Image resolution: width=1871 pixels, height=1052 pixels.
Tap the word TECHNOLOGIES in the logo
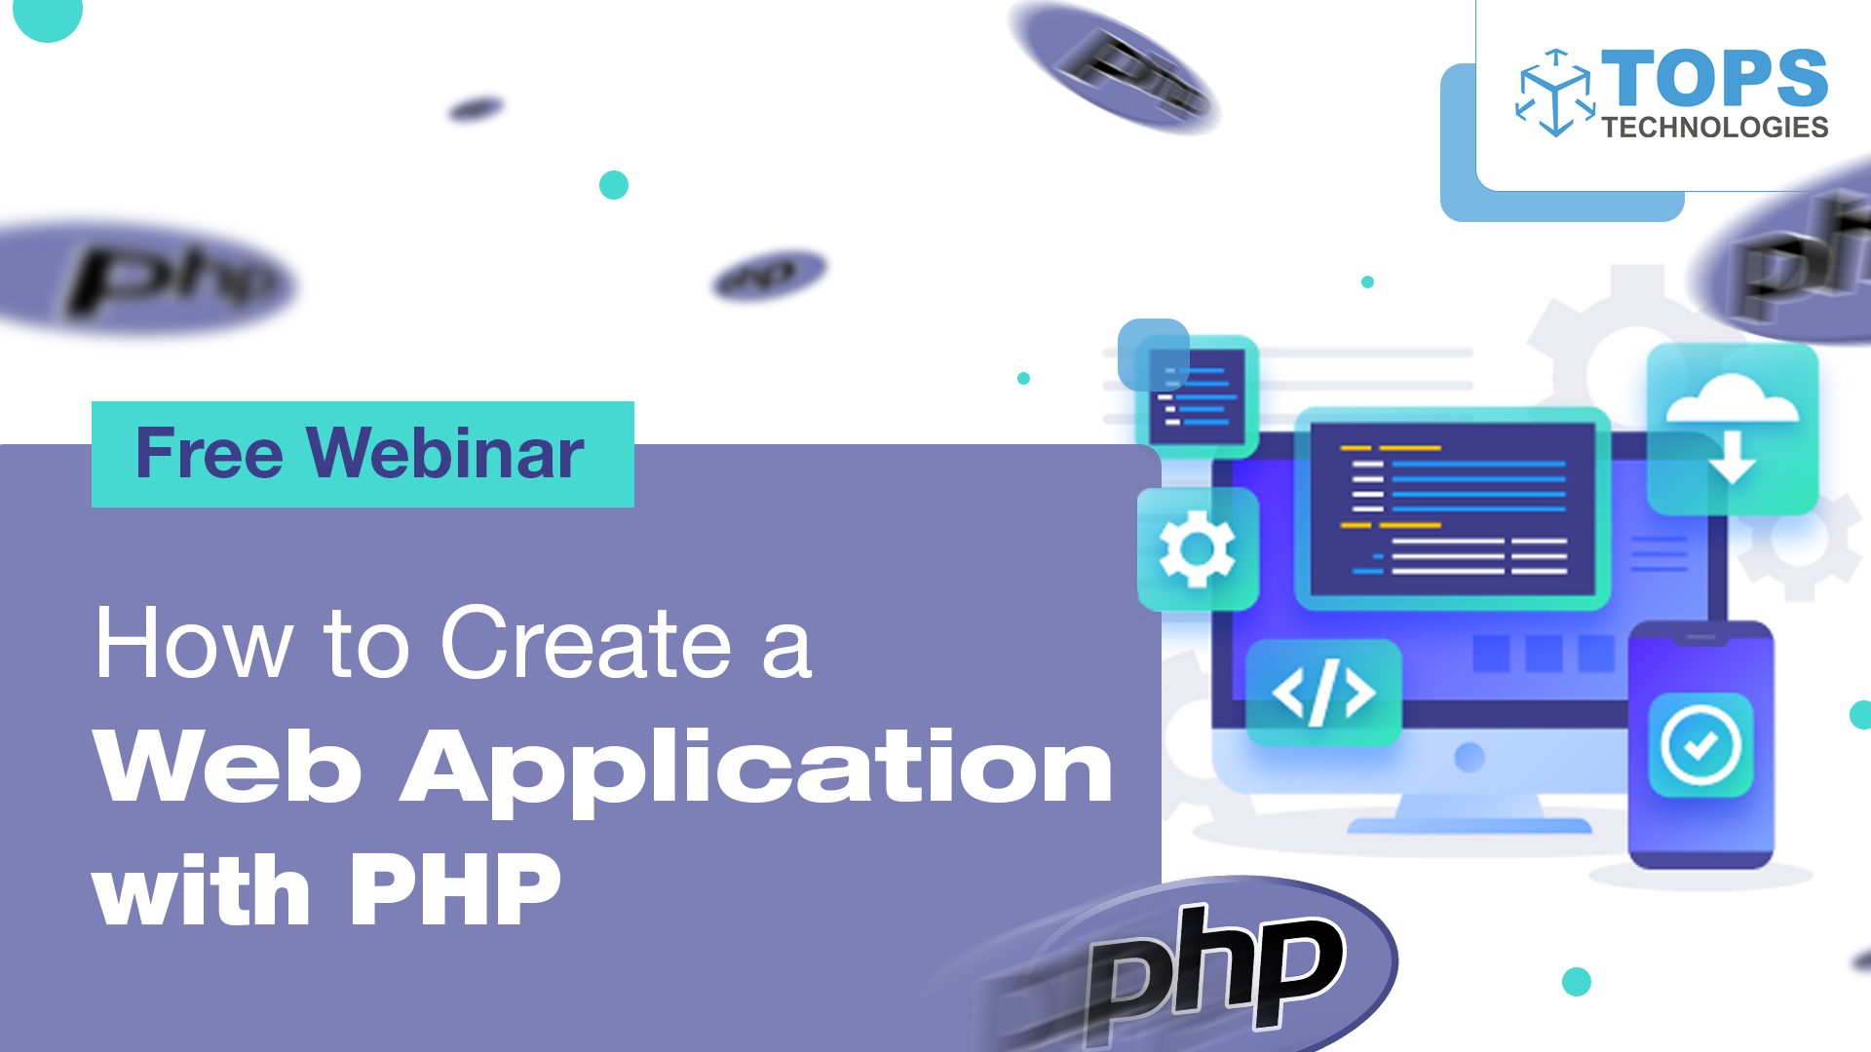(x=1715, y=128)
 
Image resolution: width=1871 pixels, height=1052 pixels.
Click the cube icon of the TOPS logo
(x=1555, y=93)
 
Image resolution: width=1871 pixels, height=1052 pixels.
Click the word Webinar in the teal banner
(x=445, y=454)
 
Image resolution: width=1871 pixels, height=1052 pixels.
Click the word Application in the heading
(x=757, y=770)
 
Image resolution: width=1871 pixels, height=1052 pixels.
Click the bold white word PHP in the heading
(x=455, y=890)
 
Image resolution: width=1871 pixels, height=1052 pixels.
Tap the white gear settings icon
(x=1197, y=549)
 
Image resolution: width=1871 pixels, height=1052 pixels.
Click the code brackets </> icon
(x=1323, y=694)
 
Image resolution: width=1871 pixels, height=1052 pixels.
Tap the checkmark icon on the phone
(x=1700, y=745)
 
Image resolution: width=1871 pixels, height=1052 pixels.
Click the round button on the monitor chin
(x=1470, y=757)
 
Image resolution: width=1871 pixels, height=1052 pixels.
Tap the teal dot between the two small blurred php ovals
(x=614, y=185)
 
